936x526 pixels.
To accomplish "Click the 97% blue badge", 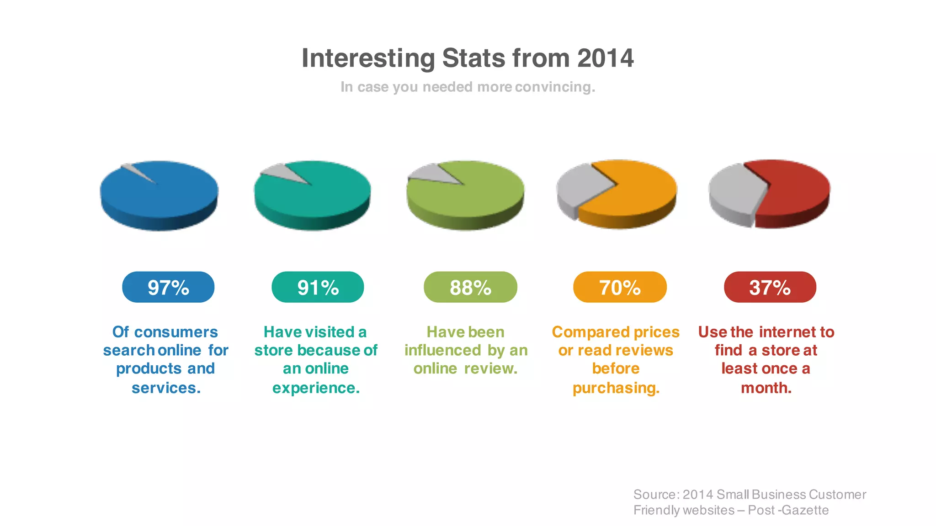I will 168,287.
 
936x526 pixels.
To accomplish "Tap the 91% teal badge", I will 318,287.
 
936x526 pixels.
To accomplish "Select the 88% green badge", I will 470,287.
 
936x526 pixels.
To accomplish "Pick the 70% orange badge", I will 620,287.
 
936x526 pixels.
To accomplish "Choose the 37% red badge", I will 770,287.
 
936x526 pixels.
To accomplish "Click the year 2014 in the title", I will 605,58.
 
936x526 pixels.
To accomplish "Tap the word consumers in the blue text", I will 176,332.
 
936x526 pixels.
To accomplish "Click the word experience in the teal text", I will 315,388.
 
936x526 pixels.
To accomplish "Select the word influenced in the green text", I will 442,350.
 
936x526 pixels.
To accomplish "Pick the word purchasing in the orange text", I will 616,388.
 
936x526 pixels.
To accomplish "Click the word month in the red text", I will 766,388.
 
